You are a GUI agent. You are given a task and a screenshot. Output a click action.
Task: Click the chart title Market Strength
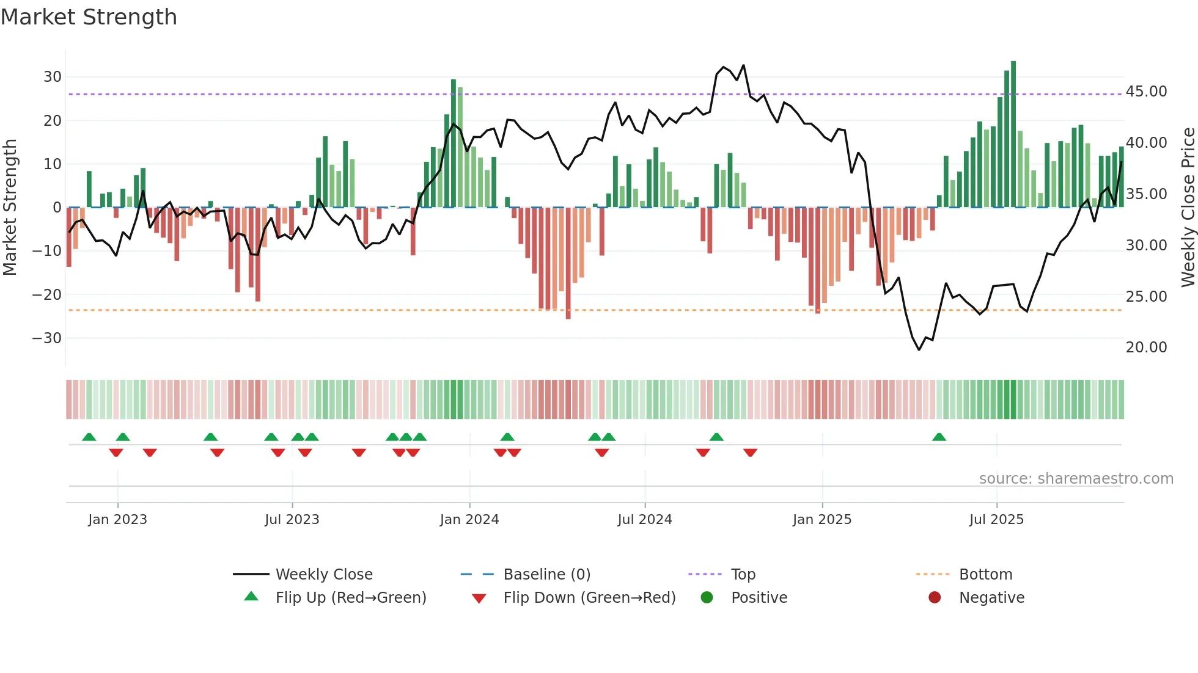click(89, 17)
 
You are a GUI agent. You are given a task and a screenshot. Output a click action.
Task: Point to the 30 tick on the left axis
click(53, 77)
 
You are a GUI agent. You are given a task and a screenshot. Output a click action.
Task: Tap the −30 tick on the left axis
click(47, 338)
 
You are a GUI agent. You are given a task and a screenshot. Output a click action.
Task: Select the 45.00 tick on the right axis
click(1146, 92)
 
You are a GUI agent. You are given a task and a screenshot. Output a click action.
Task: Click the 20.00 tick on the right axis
click(1146, 347)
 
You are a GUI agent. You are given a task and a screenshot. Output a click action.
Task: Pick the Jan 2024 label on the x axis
click(469, 520)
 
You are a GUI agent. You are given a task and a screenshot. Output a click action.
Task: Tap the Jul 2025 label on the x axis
click(996, 520)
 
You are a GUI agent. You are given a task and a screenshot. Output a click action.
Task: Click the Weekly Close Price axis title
click(1188, 208)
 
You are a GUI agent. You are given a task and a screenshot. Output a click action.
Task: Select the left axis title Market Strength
click(10, 208)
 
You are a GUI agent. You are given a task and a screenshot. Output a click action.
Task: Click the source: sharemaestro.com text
click(1076, 479)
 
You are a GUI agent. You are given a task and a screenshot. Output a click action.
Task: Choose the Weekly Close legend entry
click(323, 575)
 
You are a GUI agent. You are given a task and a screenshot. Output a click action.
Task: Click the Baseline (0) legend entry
click(546, 575)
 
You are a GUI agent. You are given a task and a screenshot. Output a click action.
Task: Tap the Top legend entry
click(743, 575)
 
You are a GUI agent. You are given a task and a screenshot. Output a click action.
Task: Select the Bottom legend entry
click(985, 575)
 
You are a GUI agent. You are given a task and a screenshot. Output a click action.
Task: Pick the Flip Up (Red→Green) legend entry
click(350, 598)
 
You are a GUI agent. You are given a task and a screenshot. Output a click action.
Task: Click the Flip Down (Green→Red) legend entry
click(589, 598)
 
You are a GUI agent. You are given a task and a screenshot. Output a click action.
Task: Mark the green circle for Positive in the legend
click(707, 598)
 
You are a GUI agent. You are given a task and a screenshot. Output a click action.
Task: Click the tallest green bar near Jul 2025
click(1013, 134)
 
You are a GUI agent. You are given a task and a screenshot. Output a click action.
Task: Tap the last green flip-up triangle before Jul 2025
click(939, 437)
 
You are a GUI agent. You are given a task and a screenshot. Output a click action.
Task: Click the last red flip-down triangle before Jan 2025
click(750, 453)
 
